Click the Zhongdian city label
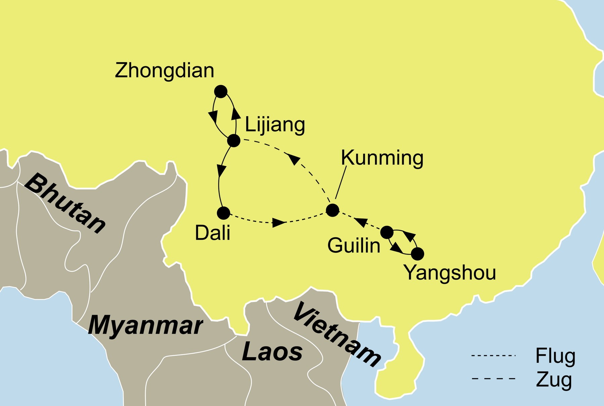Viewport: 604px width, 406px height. tap(164, 71)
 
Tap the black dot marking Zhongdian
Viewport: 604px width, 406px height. tap(220, 91)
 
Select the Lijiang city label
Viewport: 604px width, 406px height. tap(275, 125)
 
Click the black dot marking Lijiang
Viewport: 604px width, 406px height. tap(234, 140)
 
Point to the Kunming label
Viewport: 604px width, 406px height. tap(382, 158)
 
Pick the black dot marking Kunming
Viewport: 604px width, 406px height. tap(332, 210)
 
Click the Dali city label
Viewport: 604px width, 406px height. tap(212, 233)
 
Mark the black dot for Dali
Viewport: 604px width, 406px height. tap(223, 213)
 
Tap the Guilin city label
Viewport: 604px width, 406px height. tap(354, 246)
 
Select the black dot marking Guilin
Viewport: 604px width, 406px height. tap(387, 232)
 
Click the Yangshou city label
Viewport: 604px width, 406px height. tap(450, 272)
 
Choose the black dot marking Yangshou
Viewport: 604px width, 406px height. tap(417, 254)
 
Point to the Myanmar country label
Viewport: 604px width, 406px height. tap(145, 325)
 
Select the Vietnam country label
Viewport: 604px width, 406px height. tap(337, 335)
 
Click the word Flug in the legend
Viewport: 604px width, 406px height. tap(555, 356)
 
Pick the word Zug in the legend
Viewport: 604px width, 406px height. tap(554, 379)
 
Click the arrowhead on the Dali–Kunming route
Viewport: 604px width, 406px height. tap(279, 223)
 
